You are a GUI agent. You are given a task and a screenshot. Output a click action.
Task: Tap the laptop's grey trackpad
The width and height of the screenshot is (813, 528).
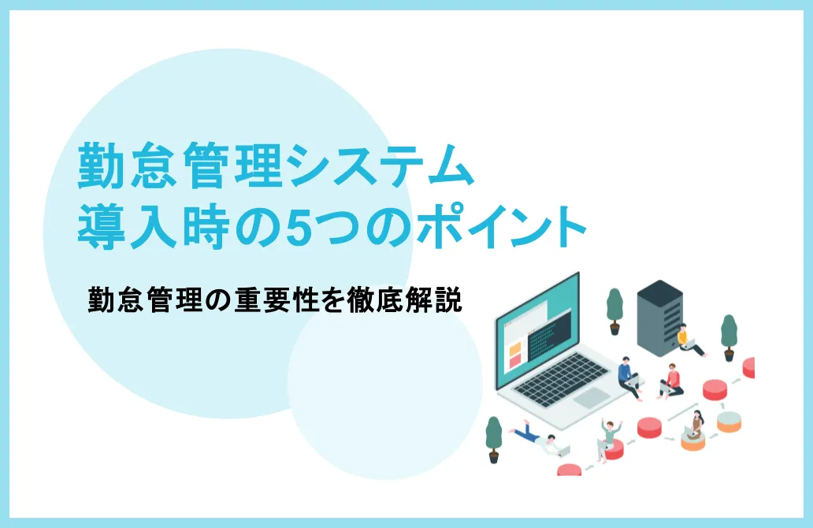(592, 399)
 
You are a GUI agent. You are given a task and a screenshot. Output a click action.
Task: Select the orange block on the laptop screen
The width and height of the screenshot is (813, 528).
(514, 347)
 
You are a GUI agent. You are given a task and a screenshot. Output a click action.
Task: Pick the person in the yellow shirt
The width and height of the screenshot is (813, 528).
(687, 340)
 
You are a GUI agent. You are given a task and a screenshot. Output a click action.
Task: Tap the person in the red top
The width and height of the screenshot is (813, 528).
(671, 381)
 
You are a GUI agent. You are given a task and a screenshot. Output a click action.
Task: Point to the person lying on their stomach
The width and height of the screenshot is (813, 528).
(540, 438)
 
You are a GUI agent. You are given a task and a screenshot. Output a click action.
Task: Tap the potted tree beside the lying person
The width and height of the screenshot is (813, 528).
(494, 438)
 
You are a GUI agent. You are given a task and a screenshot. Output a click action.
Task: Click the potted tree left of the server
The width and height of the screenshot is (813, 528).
(614, 310)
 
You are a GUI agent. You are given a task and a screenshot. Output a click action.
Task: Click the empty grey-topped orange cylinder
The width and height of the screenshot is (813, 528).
(729, 420)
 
